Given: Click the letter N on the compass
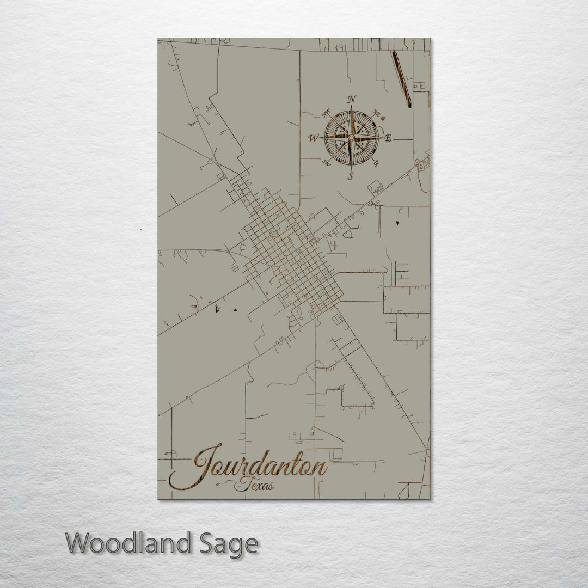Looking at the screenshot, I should coord(352,99).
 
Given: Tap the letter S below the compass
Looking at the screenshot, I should coord(351,176).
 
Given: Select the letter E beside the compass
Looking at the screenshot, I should coord(388,138).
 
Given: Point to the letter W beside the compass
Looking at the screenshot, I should coord(314,138).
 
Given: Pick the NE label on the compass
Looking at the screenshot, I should coord(376,113).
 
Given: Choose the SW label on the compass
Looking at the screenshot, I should coord(327,162).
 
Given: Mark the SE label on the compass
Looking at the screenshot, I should coord(376,162).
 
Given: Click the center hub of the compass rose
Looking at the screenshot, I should coord(351,138).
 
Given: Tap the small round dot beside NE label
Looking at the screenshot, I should coord(384,116).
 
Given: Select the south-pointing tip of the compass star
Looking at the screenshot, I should coord(352,167).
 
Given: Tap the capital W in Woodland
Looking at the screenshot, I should coord(79,543).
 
